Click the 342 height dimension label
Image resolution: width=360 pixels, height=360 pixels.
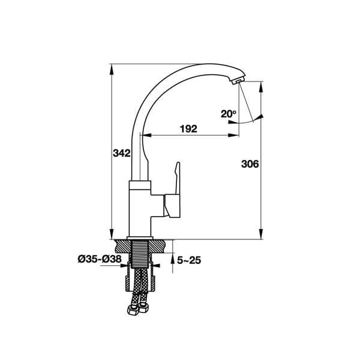[121, 154]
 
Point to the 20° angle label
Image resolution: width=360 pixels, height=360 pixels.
[228, 114]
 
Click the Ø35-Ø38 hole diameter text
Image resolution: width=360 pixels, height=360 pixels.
[100, 259]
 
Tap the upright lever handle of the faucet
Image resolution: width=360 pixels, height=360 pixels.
[176, 177]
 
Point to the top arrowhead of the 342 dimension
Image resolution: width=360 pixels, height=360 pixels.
[112, 67]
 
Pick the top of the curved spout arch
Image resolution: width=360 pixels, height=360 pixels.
[198, 61]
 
